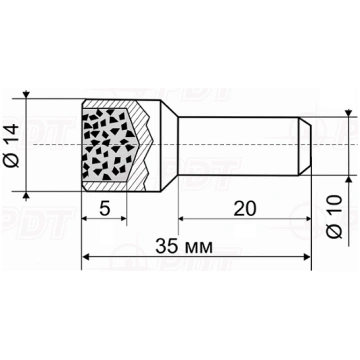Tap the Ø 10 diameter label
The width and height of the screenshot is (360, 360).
pos(334,217)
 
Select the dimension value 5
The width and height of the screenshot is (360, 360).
pos(105,209)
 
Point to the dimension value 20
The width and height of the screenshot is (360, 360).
pos(245,209)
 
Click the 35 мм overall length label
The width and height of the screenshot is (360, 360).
pos(184,247)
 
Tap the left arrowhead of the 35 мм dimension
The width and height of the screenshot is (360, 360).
pos(86,257)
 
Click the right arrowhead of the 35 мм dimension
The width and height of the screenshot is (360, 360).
pos(307,257)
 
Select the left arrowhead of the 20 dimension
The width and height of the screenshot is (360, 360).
pos(182,219)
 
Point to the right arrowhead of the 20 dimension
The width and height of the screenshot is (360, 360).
pos(307,219)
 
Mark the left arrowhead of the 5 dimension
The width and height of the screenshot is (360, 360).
pos(86,219)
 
